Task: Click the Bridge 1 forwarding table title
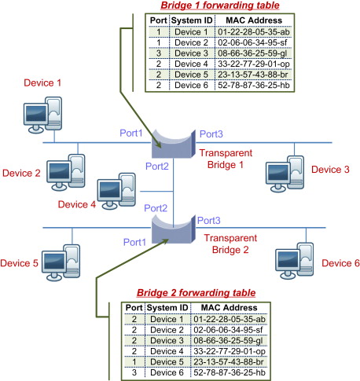coord(220,5)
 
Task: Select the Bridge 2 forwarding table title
coord(196,293)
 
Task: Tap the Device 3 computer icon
coord(285,174)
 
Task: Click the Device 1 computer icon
coord(42,115)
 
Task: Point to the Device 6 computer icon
coord(295,261)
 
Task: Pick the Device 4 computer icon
coord(116,191)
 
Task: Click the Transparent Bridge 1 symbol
coord(174,144)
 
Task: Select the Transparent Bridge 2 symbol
coord(174,229)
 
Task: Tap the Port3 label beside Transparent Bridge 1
coord(211,134)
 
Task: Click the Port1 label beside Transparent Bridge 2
coord(134,242)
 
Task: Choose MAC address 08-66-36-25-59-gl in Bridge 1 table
coord(252,53)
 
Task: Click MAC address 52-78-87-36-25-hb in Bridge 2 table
coord(230,372)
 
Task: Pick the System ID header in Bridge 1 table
coord(192,20)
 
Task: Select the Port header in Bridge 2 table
coord(134,308)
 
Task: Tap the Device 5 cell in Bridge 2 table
coord(167,362)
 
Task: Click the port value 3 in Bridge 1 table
coord(159,53)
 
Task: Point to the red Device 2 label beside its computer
coord(21,173)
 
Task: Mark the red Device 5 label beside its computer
coord(19,263)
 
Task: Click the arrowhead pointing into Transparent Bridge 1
coord(158,145)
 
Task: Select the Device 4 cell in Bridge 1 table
coord(191,64)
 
